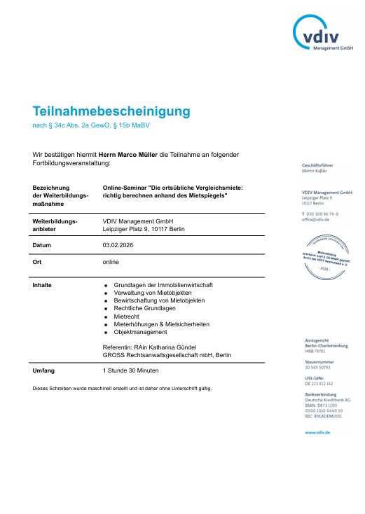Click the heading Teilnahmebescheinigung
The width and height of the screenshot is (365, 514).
pyautogui.click(x=111, y=111)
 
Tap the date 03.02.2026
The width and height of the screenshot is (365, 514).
pyautogui.click(x=118, y=246)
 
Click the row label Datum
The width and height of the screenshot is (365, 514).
pyautogui.click(x=43, y=246)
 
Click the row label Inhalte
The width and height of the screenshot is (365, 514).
pyautogui.click(x=43, y=285)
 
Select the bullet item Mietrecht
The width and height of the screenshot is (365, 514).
pyautogui.click(x=127, y=316)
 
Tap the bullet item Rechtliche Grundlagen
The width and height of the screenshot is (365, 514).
pyautogui.click(x=145, y=308)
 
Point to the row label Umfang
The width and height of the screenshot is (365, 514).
pyautogui.click(x=44, y=370)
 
